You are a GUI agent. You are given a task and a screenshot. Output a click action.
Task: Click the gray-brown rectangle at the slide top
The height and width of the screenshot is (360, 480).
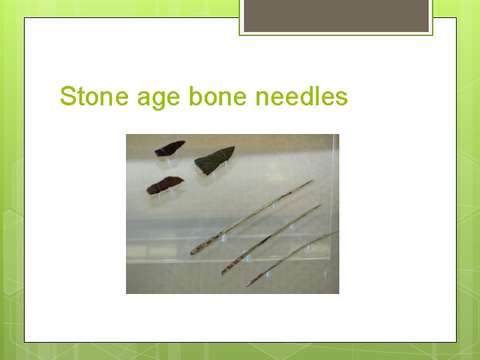point(336,16)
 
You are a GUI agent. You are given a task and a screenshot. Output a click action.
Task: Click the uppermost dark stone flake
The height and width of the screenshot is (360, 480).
point(170,148)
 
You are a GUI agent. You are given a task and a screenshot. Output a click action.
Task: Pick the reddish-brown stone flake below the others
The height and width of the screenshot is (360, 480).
point(165,185)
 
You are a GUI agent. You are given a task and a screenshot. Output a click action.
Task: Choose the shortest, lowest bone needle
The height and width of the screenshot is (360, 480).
point(290,259)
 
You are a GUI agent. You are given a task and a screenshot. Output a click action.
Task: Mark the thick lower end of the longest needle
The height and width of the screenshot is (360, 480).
point(195,251)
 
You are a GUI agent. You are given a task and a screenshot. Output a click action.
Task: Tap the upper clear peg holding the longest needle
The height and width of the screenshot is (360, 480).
point(274,206)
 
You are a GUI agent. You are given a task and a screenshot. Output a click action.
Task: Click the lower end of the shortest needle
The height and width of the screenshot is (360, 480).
point(249,285)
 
